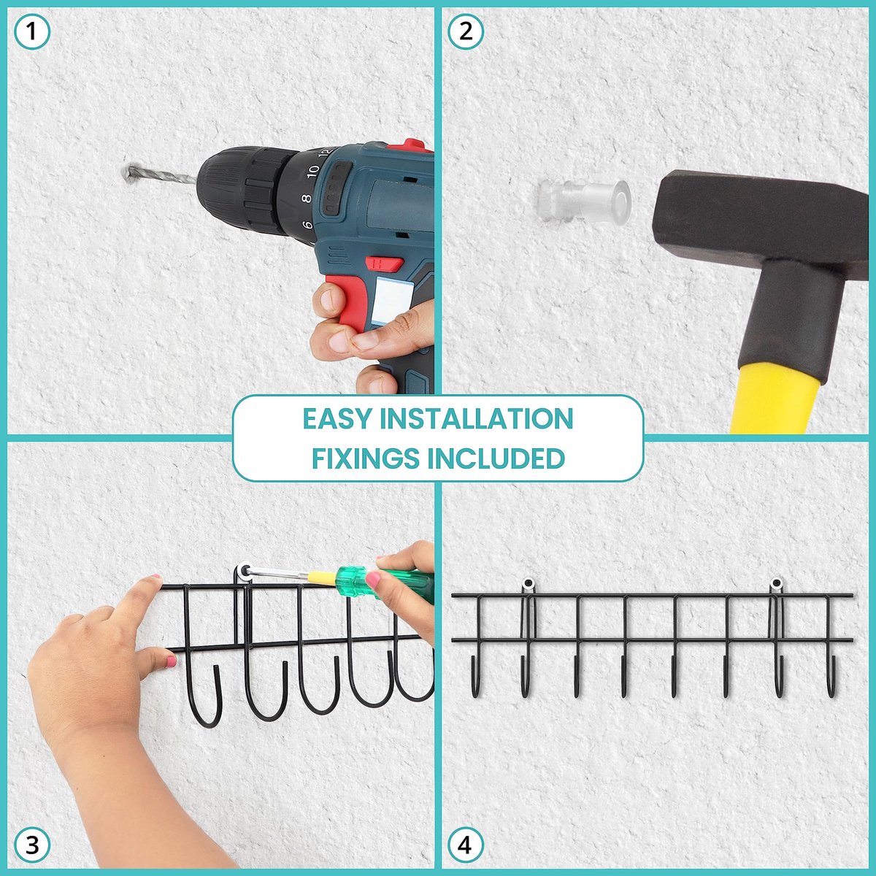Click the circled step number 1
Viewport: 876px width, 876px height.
[31, 31]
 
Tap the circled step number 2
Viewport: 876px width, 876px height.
[466, 31]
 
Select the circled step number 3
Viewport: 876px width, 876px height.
[31, 845]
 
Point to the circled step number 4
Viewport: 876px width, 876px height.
[466, 845]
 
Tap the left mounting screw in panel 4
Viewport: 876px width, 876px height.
[529, 584]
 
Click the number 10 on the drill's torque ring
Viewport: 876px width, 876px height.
[312, 172]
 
